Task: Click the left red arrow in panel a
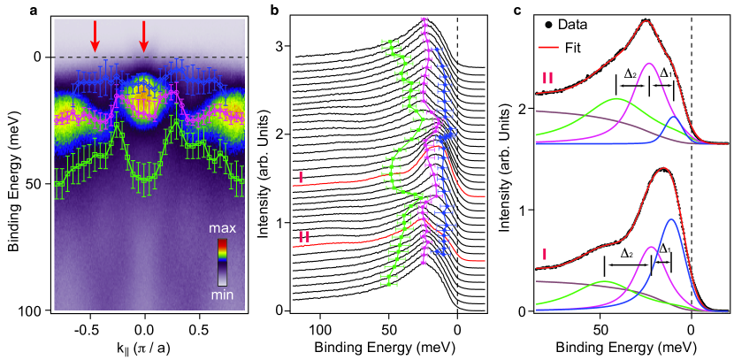coord(95,32)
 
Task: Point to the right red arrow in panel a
coord(145,32)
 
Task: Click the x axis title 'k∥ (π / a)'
coord(142,344)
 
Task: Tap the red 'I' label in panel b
coord(301,177)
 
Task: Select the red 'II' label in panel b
coord(302,236)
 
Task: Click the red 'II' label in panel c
coord(547,78)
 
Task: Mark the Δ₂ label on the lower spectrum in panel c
coord(626,252)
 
